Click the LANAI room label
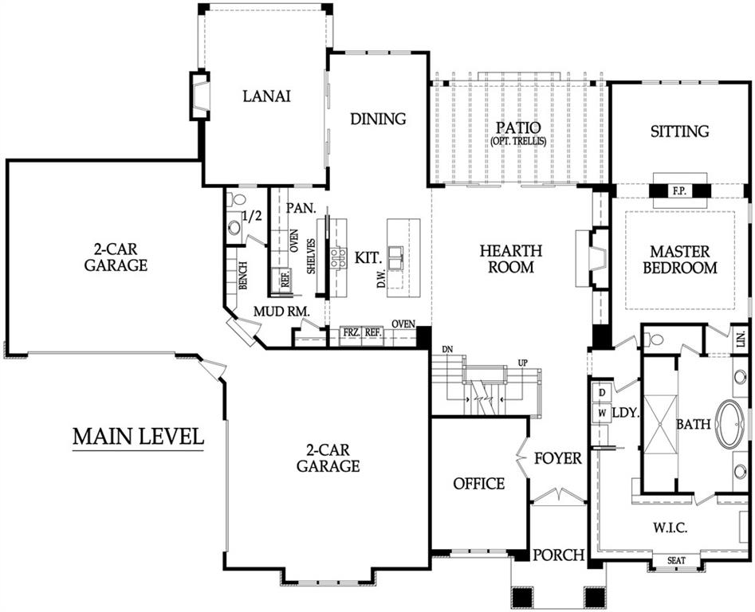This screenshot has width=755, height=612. pos(267,96)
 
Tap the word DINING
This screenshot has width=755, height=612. pos(378,119)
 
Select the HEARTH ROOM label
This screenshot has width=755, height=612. pos(511,258)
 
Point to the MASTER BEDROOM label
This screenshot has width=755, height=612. pos(680,259)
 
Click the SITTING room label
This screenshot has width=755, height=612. pos(679,131)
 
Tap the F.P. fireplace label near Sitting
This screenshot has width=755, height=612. pos(679,191)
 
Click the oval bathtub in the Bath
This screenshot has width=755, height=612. pos(730,424)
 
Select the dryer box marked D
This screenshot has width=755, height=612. pos(602,392)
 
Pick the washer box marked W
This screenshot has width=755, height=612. pos(602,413)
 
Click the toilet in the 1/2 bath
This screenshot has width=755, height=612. pos(235,198)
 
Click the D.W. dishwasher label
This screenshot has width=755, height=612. pos(381,279)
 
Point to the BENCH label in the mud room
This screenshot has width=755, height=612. pos(243,276)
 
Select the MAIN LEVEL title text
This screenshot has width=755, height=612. pos(138,437)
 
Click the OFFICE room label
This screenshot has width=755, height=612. pos(479,484)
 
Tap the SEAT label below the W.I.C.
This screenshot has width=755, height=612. pos(677,560)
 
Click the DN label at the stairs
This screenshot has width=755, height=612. pos(448,349)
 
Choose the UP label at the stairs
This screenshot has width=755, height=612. pos(522,363)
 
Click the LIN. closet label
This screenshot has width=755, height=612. pos(741,339)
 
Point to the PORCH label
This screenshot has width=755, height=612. pos(559,555)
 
